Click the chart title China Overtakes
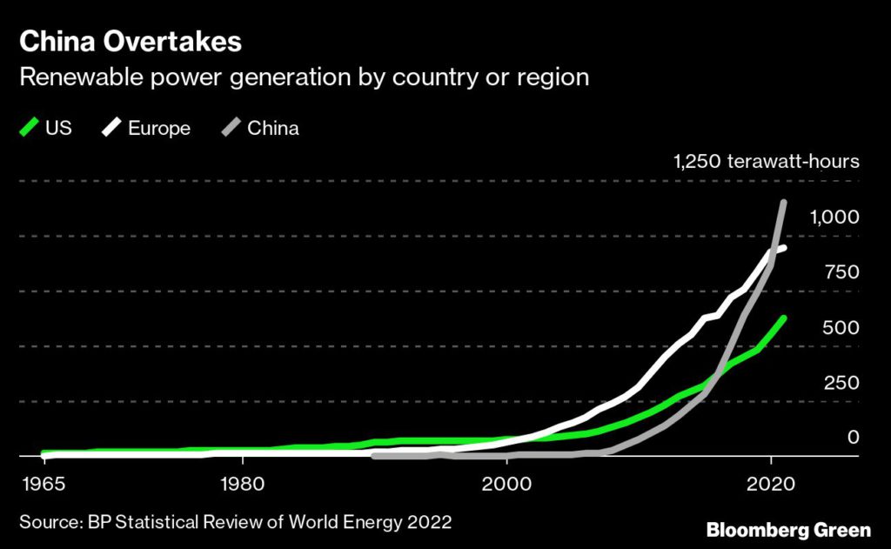(x=131, y=41)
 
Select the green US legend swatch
(x=29, y=128)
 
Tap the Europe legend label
(x=158, y=128)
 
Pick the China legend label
(x=272, y=128)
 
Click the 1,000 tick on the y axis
(x=834, y=217)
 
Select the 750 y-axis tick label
(x=841, y=271)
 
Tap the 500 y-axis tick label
(x=841, y=327)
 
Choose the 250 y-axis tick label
(x=841, y=383)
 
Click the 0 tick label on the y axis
(x=853, y=438)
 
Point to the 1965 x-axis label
(x=40, y=483)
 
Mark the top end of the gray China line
(x=784, y=203)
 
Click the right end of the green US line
(x=784, y=318)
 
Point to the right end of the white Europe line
(x=784, y=248)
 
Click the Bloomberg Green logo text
(x=787, y=529)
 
